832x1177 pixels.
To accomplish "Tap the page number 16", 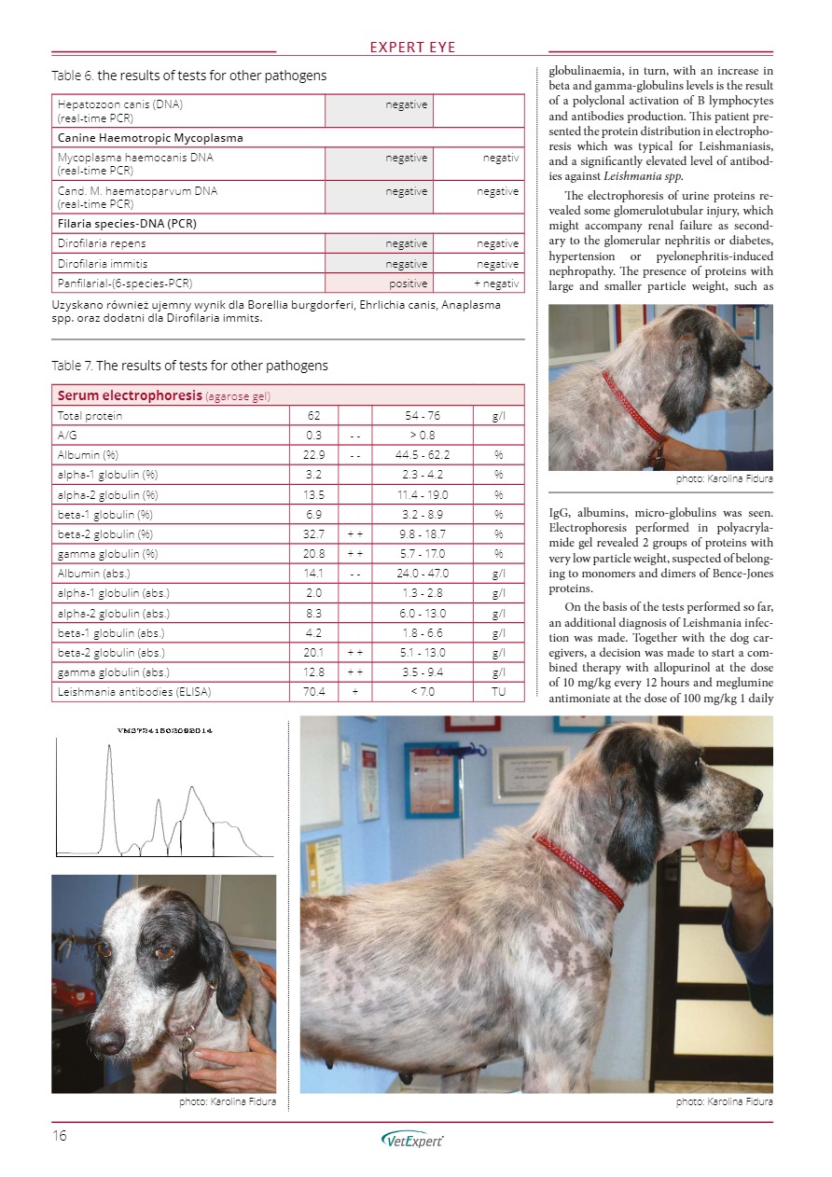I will pos(61,1135).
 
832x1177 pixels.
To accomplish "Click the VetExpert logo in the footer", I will pos(413,1138).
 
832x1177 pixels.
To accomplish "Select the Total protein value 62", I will pos(313,415).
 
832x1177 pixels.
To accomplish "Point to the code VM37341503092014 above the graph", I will pos(158,729).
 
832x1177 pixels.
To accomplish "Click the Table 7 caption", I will pos(189,366).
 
